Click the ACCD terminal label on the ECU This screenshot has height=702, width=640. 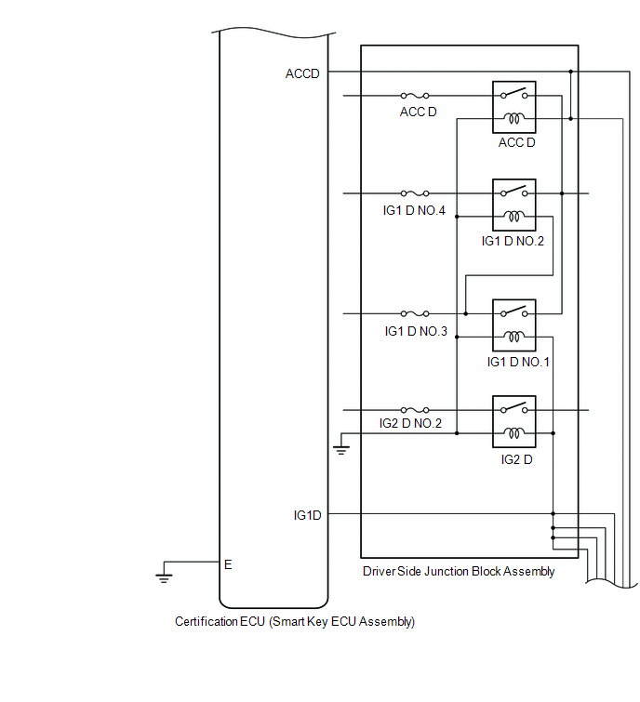(302, 73)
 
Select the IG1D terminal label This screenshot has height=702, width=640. (307, 515)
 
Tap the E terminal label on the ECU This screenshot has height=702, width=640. (228, 564)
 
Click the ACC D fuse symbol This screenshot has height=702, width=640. (415, 96)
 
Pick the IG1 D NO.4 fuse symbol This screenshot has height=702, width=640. (415, 193)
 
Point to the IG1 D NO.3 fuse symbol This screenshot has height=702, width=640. (415, 313)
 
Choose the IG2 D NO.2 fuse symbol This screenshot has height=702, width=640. (415, 410)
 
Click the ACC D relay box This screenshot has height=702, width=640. (514, 107)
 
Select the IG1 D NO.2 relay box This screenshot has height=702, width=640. (514, 205)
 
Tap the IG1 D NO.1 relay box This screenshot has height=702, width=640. (514, 325)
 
